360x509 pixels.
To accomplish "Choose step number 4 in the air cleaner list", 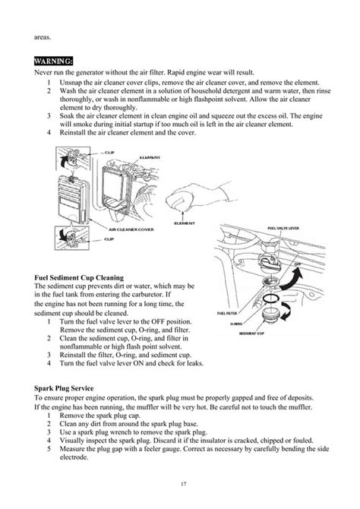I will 49,133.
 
